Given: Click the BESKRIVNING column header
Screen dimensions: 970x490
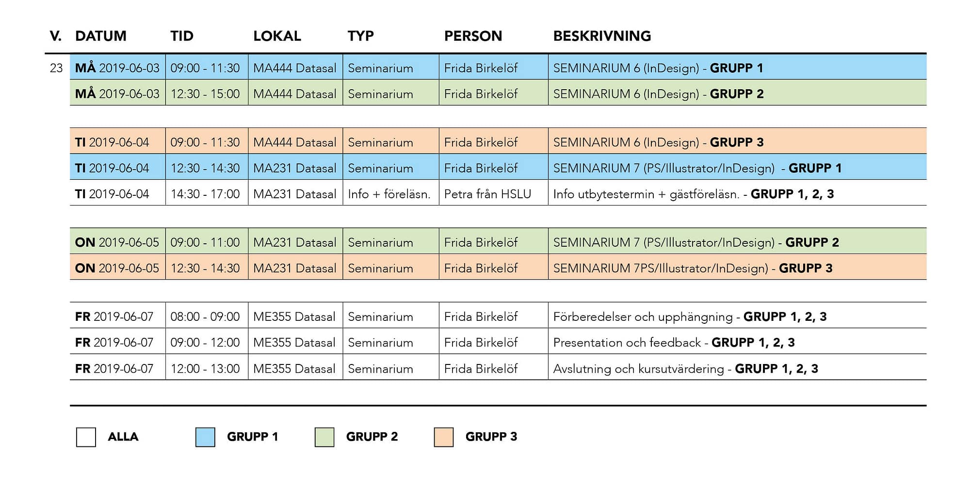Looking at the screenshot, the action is [x=602, y=36].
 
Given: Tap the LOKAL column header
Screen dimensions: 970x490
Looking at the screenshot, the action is [x=277, y=36].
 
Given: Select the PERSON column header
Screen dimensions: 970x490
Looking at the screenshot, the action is [x=473, y=36].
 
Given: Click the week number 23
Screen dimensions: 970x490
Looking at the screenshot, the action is [x=56, y=68].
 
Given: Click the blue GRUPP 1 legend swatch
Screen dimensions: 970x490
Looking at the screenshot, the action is [x=205, y=437].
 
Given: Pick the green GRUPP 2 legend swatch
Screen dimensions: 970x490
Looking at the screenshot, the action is [x=324, y=437].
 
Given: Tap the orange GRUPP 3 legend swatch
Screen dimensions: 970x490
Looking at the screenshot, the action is [x=444, y=437].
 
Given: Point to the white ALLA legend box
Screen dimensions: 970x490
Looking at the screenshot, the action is [x=86, y=437].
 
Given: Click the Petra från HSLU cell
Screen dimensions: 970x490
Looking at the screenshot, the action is [x=487, y=194].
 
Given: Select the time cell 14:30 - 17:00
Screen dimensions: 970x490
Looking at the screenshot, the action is [x=205, y=194].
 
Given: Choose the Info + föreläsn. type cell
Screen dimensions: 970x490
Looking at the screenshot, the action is [x=389, y=194].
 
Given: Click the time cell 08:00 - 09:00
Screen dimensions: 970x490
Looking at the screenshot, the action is [x=205, y=316].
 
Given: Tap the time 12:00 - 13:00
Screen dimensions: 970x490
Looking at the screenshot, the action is [x=205, y=368].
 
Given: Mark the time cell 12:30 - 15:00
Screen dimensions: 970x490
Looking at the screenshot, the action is [x=205, y=94].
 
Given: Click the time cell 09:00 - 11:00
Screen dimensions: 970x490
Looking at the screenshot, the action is [x=205, y=242].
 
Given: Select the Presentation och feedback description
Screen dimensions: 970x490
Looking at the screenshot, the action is [x=627, y=343].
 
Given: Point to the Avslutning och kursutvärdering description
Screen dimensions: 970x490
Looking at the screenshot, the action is [x=638, y=369].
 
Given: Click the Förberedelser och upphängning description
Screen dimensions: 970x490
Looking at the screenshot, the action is [x=643, y=317].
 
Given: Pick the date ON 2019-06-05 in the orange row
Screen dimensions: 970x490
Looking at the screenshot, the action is [x=117, y=268].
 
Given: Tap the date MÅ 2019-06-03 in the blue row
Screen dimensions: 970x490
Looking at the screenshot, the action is [x=117, y=67].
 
